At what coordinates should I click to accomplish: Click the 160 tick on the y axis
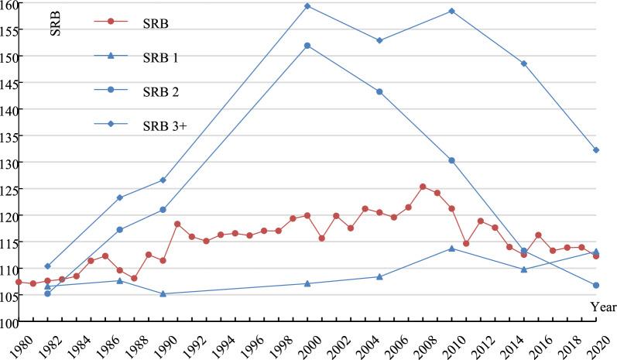[x=9, y=5]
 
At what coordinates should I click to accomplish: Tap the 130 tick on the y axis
[x=9, y=163]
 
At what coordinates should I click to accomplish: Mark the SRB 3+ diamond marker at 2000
[x=307, y=6]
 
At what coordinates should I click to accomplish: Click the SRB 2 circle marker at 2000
[x=307, y=46]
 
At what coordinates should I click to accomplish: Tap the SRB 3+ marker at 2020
[x=595, y=149]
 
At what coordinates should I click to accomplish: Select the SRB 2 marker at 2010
[x=451, y=160]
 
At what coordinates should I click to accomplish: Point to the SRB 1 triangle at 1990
[x=163, y=293]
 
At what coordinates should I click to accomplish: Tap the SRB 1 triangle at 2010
[x=451, y=249]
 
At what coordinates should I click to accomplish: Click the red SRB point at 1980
[x=19, y=282]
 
